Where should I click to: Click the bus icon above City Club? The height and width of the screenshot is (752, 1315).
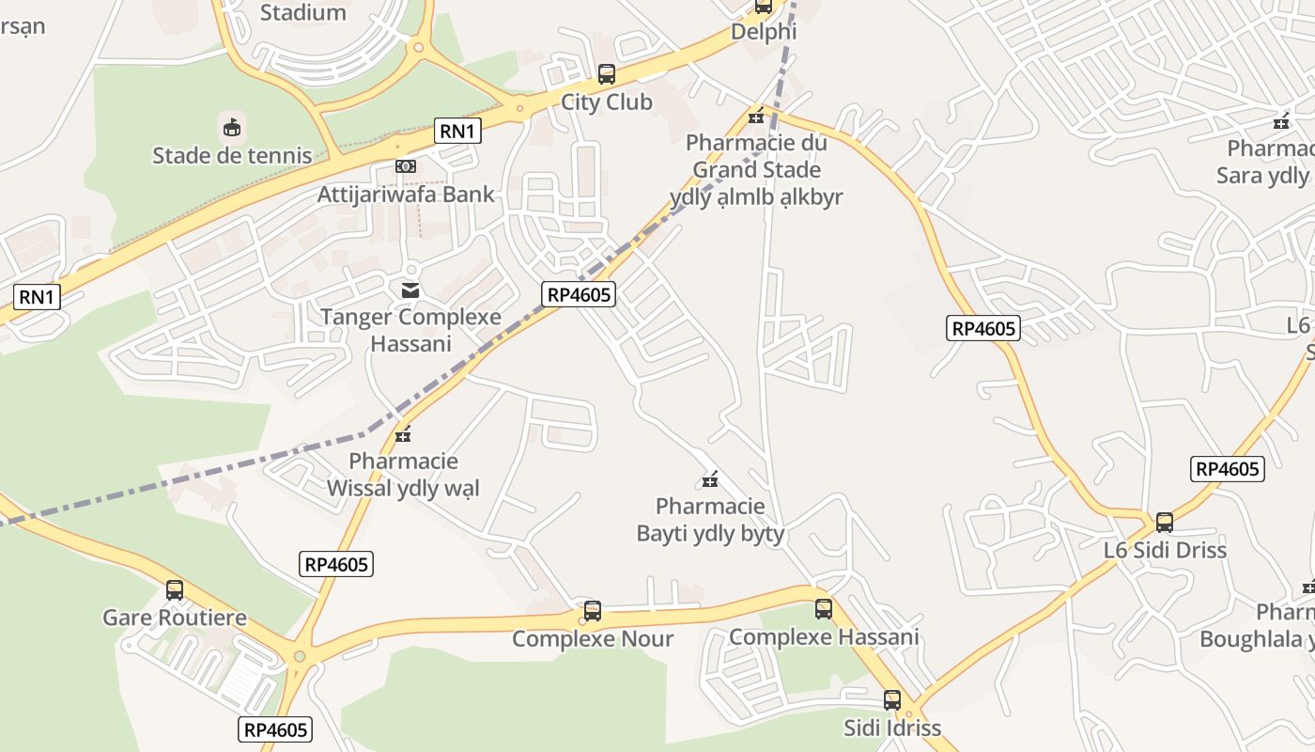tap(607, 74)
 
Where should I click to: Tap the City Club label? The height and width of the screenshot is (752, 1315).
tap(607, 102)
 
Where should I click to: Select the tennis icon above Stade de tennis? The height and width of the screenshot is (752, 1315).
tap(231, 127)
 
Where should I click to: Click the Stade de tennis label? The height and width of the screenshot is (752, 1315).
tap(232, 155)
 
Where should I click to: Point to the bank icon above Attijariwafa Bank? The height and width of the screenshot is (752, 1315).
tap(406, 166)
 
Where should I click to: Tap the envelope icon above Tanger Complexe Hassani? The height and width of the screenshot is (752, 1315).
tap(410, 290)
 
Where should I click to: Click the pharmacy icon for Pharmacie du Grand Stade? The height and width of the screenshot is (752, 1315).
tap(756, 117)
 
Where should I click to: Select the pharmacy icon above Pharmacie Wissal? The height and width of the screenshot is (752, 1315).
tap(404, 434)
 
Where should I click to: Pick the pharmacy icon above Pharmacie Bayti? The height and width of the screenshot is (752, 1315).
tap(710, 480)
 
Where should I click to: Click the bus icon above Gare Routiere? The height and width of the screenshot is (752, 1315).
tap(175, 590)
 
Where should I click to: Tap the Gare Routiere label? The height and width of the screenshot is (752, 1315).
tap(175, 618)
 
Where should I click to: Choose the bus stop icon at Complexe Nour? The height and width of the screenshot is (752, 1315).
tap(593, 611)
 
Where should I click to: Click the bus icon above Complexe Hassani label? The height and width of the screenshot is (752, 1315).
tap(824, 609)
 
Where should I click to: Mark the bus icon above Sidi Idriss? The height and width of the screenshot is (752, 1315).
tap(892, 700)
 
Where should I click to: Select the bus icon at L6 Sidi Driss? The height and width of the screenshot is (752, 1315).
tap(1165, 523)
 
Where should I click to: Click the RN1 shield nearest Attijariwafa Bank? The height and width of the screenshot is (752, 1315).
tap(457, 131)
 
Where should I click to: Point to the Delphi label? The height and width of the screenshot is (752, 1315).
tap(764, 31)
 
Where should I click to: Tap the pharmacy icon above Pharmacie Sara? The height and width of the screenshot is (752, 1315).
tap(1281, 121)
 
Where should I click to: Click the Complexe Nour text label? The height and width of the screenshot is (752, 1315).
tap(593, 639)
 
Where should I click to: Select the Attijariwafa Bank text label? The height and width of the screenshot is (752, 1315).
tap(406, 195)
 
